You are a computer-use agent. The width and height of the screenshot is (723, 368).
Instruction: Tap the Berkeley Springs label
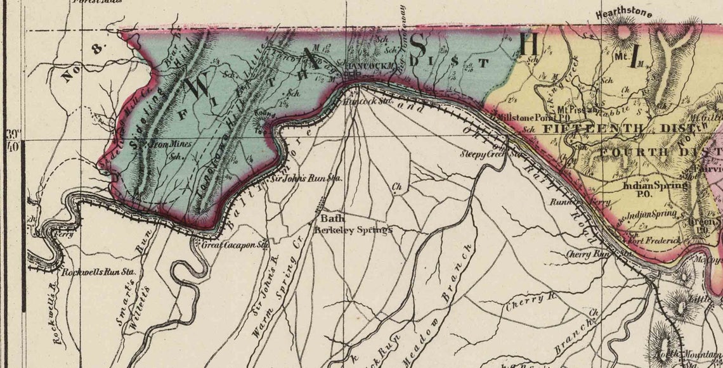tap(353, 230)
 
